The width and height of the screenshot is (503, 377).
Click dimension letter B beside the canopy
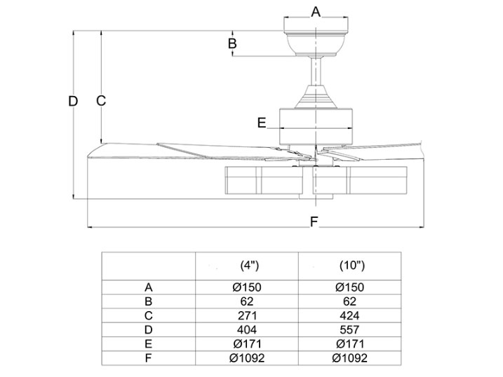[233, 44]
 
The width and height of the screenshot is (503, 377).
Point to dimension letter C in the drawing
[101, 100]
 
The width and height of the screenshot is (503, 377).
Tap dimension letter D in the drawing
[73, 101]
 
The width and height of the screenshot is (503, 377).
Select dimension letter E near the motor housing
[262, 123]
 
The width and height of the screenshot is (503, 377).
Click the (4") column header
[250, 266]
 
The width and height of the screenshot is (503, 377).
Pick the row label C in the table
[148, 315]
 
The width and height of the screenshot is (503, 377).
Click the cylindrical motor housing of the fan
[316, 121]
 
